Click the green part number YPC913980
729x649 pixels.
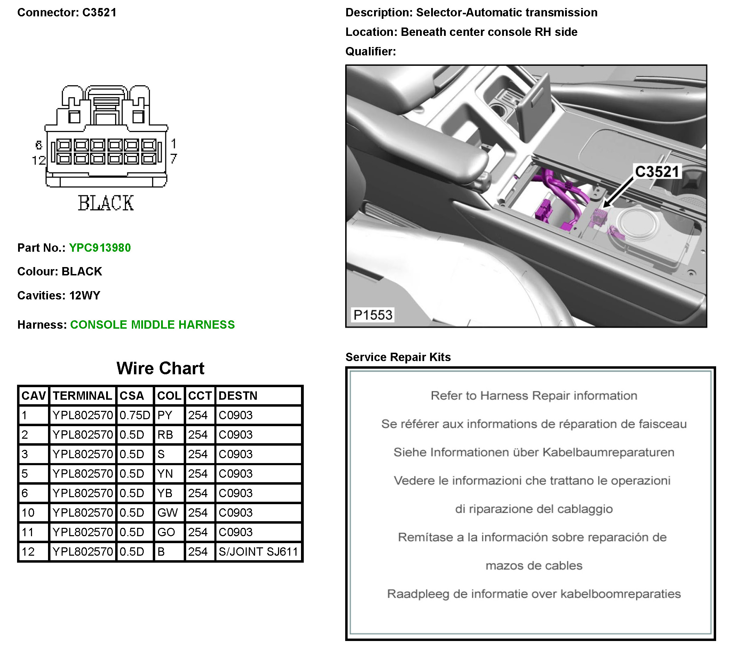tap(100, 248)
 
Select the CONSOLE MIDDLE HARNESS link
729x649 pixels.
tap(152, 325)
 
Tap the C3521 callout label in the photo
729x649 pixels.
tap(657, 172)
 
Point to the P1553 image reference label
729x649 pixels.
tap(373, 315)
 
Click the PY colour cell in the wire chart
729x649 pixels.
tap(165, 415)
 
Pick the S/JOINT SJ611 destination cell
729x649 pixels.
tap(258, 552)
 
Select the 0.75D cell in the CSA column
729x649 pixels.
tap(135, 415)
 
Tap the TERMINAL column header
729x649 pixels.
tap(82, 395)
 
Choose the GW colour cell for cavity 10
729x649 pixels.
tap(167, 513)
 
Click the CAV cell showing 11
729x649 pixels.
tap(28, 532)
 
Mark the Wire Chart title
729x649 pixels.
tap(160, 368)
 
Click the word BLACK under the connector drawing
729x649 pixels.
tap(106, 203)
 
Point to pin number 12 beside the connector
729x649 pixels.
tap(39, 160)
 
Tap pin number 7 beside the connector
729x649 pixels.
tap(173, 158)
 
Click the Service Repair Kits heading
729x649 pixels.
tap(398, 357)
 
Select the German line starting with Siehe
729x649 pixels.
tap(533, 452)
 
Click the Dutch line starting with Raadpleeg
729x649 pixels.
tap(533, 594)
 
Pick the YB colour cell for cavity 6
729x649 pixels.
tap(165, 493)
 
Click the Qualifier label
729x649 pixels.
tap(371, 52)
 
